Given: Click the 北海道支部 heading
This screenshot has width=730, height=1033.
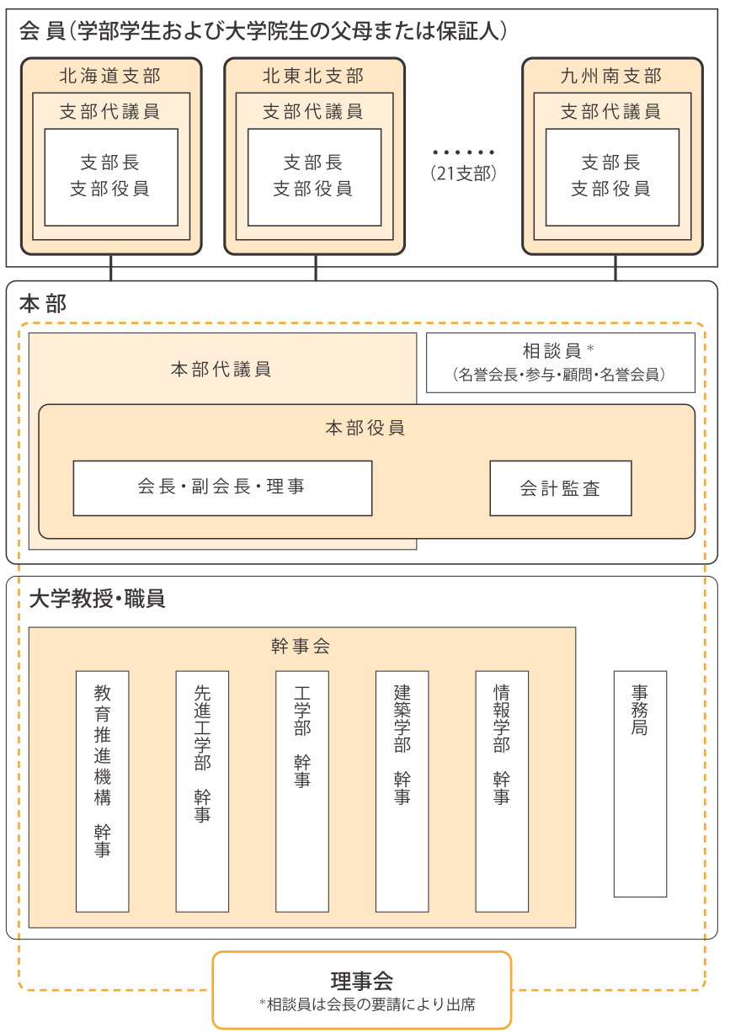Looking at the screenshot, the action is (110, 76).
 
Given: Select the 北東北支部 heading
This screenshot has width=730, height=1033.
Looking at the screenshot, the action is (313, 76).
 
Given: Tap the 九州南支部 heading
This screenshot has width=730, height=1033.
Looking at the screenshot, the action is (611, 76).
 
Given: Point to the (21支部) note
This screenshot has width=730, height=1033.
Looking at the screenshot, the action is (463, 173).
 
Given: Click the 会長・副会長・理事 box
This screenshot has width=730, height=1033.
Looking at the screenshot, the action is (223, 488).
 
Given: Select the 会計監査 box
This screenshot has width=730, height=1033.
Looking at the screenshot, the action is (561, 488).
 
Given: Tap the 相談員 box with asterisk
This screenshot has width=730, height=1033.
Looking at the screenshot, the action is (560, 363).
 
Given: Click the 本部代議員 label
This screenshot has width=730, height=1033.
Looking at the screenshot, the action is (221, 370).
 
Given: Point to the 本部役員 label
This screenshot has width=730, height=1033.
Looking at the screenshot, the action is (365, 428).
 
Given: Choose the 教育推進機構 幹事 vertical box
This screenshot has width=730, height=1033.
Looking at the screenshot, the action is (103, 791).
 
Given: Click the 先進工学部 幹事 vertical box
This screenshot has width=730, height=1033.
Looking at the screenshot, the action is (202, 791).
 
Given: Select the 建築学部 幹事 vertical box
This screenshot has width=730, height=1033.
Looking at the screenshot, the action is (402, 791).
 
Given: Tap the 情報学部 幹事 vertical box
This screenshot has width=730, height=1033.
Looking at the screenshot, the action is (502, 791).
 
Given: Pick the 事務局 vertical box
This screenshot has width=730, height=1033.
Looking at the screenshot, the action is (640, 784).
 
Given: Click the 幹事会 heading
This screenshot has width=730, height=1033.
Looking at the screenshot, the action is (301, 646).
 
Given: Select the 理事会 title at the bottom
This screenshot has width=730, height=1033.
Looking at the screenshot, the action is (362, 981).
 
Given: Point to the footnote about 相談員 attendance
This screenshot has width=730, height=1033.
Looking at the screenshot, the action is (367, 1004).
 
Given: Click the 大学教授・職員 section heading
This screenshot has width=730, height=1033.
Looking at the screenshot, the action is (98, 599).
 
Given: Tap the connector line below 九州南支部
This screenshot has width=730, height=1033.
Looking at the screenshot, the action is (615, 268).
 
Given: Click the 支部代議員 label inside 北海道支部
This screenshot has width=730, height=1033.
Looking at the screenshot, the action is (109, 112).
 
